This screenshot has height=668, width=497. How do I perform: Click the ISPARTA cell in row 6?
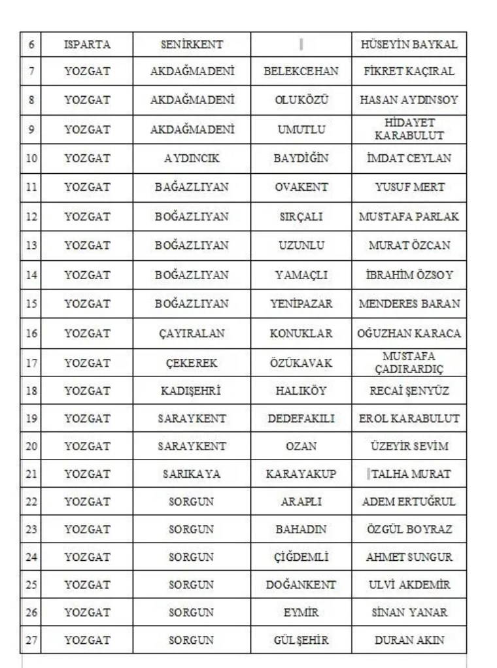(x=87, y=45)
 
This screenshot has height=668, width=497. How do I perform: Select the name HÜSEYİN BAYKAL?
(x=409, y=45)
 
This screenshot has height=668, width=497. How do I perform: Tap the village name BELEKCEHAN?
(x=301, y=71)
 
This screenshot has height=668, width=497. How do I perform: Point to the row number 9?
(x=31, y=129)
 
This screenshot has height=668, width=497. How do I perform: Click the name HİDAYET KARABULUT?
(x=409, y=129)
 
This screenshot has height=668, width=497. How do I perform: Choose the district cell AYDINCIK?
(x=192, y=158)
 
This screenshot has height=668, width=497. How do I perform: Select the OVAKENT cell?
(x=301, y=187)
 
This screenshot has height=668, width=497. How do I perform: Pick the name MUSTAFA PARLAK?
(x=409, y=216)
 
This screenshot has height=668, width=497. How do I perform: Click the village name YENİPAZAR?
(x=301, y=303)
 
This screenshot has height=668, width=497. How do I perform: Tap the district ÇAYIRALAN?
(x=192, y=333)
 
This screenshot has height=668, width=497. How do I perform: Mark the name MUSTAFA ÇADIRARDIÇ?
(x=409, y=363)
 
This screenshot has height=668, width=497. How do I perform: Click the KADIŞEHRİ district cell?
(x=192, y=391)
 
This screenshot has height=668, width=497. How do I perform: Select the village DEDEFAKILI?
(x=301, y=418)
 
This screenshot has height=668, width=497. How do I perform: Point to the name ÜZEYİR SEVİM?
(x=409, y=446)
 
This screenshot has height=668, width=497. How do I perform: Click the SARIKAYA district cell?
(x=192, y=474)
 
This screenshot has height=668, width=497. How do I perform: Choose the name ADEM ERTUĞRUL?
(x=409, y=502)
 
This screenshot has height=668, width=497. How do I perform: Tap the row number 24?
(x=31, y=558)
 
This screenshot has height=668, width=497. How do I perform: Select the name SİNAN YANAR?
(x=409, y=612)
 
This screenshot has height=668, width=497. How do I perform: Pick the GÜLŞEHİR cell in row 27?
(x=301, y=641)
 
